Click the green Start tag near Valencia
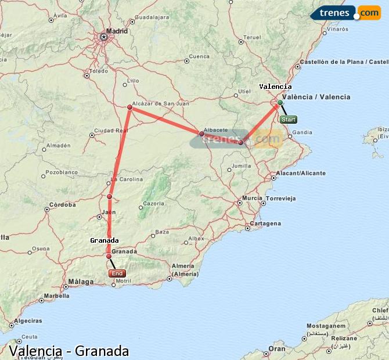pyautogui.click(x=289, y=120)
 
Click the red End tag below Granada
pyautogui.click(x=117, y=273)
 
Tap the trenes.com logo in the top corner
pyautogui.click(x=346, y=12)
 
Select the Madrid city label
pyautogui.click(x=117, y=31)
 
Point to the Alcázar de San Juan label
pyautogui.click(x=152, y=103)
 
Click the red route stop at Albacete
pyautogui.click(x=201, y=134)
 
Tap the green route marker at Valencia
pyautogui.click(x=280, y=102)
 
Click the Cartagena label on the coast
pyautogui.click(x=266, y=224)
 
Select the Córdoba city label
pyautogui.click(x=63, y=204)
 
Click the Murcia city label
pyautogui.click(x=253, y=198)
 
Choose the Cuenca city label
pyautogui.click(x=199, y=56)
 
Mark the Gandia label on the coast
pyautogui.click(x=302, y=132)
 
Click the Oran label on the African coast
pyautogui.click(x=277, y=348)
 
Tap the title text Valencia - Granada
pyautogui.click(x=69, y=351)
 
